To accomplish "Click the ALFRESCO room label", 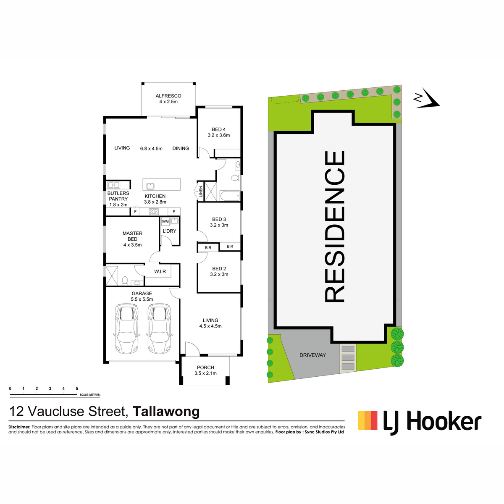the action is pyautogui.click(x=168, y=96).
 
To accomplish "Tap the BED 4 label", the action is pyautogui.click(x=219, y=129).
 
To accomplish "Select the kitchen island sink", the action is pyautogui.click(x=150, y=186).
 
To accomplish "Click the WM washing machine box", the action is pyautogui.click(x=165, y=221).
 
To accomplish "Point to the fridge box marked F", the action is pyautogui.click(x=135, y=212).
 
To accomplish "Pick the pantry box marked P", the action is pyautogui.click(x=174, y=212).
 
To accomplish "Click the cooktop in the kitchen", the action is pyautogui.click(x=154, y=212).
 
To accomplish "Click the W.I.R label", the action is pyautogui.click(x=160, y=271).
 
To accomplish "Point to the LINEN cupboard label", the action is pyautogui.click(x=201, y=191).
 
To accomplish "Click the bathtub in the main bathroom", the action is pyautogui.click(x=230, y=196).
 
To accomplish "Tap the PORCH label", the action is pyautogui.click(x=205, y=367).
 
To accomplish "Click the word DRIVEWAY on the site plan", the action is pyautogui.click(x=312, y=355).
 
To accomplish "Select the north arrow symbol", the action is pyautogui.click(x=426, y=99).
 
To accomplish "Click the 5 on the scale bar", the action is pyautogui.click(x=77, y=388).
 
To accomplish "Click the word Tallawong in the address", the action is pyautogui.click(x=166, y=411).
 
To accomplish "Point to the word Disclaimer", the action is pyautogui.click(x=19, y=427).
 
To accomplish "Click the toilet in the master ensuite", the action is pyautogui.click(x=125, y=281).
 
